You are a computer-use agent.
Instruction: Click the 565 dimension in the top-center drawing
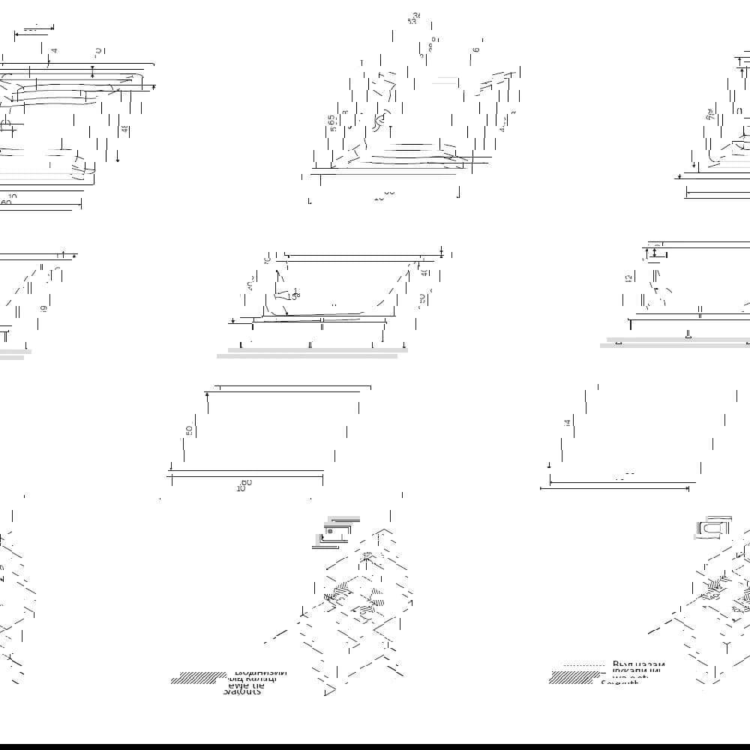coord(331,122)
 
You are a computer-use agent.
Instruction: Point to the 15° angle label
coord(293,294)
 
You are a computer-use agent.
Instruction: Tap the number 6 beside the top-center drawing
coord(476,49)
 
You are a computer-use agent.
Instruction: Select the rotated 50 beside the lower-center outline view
coord(190,430)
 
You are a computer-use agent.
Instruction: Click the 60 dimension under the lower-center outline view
coord(246,482)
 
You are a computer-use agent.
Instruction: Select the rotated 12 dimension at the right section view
coord(628,277)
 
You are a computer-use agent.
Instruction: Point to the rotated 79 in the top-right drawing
coord(709,115)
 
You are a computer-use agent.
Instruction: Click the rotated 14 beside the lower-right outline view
coord(568,424)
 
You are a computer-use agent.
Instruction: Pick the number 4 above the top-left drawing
coord(54,50)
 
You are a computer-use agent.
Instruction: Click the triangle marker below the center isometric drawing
coord(329,689)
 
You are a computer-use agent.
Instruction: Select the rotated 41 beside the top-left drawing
coord(124,129)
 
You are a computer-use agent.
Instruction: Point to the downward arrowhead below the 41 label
coord(118,158)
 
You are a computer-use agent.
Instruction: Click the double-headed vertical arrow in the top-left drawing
coord(92,71)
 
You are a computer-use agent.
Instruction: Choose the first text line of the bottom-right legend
coord(638,664)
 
